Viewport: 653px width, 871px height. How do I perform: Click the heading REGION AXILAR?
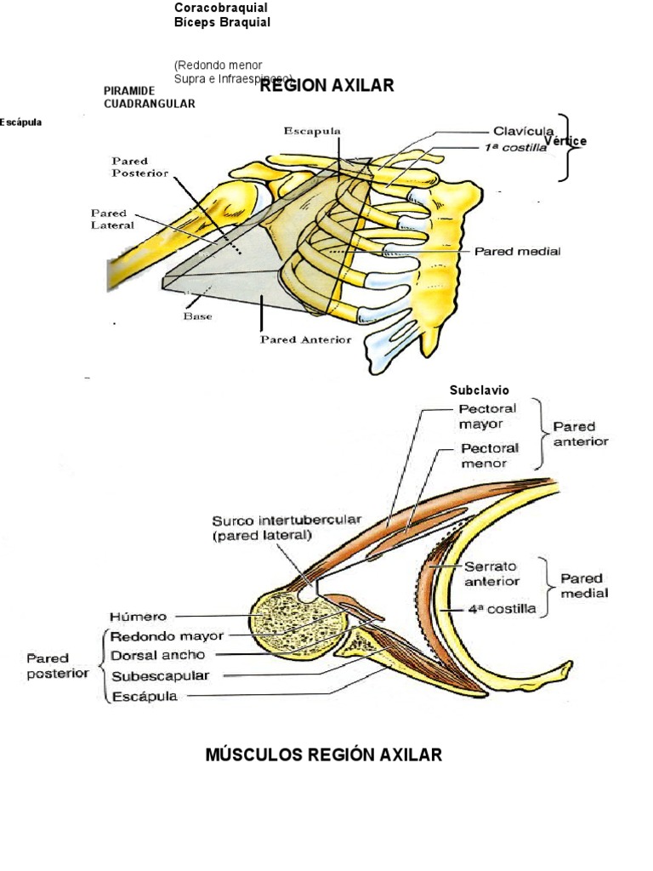[x=326, y=85]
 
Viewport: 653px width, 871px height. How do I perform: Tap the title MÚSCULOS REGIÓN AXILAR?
[x=324, y=754]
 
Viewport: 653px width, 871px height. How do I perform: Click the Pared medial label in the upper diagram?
[x=517, y=252]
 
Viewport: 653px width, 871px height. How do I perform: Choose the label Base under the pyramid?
[x=196, y=316]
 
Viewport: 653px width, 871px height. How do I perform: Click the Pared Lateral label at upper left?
[x=109, y=219]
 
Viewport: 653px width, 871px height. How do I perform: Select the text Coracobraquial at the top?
[x=220, y=8]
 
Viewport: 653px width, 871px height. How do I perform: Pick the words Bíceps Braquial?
[x=222, y=23]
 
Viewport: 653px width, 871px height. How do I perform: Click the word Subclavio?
[x=480, y=390]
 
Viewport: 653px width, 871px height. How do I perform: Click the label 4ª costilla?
[x=499, y=610]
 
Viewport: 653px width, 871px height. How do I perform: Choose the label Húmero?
[x=139, y=616]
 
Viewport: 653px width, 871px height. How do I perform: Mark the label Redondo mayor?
[x=167, y=635]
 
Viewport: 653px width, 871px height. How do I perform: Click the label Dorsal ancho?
[x=163, y=655]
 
